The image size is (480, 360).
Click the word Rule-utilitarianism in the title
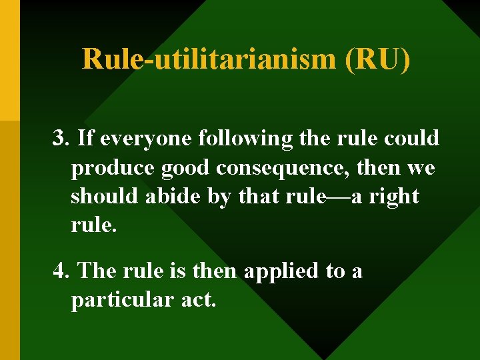pos(210,59)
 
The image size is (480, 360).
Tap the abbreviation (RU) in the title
pos(377,59)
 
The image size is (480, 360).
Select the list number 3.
pos(61,139)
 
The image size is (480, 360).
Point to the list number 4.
pos(61,271)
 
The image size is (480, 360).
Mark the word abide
pos(163,197)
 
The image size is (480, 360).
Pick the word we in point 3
pos(420,168)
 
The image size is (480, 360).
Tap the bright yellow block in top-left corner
pos(9,60)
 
